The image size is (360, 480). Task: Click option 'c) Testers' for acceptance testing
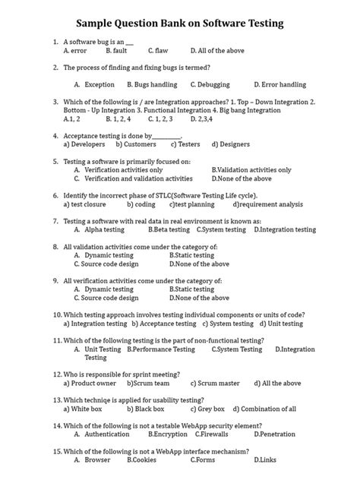point(185,144)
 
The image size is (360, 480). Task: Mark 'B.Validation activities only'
point(251,170)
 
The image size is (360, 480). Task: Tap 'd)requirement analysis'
point(268,204)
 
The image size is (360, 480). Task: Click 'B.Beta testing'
point(169,229)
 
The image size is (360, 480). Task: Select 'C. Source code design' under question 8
point(111,264)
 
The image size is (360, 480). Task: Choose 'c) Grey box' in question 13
point(169,409)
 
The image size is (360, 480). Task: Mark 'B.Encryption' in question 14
point(169,434)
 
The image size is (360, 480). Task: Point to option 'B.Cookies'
point(142,460)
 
